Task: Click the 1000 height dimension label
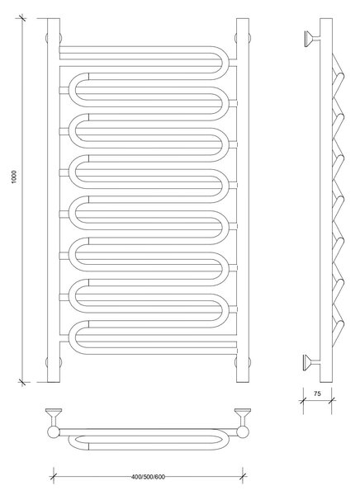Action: [x=14, y=177]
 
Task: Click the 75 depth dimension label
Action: [x=317, y=394]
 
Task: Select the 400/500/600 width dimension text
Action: [x=148, y=477]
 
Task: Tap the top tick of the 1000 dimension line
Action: [x=21, y=18]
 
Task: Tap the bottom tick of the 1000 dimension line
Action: [x=21, y=382]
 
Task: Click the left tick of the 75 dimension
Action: [x=303, y=401]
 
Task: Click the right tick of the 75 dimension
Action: [x=332, y=401]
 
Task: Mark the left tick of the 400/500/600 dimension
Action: [x=54, y=477]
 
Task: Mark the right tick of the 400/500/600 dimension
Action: [x=243, y=477]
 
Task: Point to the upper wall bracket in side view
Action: [x=312, y=39]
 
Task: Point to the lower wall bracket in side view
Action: [x=312, y=362]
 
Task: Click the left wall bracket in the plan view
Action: [x=54, y=417]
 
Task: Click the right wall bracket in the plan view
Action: [x=243, y=417]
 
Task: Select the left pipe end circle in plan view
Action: [x=54, y=432]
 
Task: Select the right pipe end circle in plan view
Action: [x=243, y=432]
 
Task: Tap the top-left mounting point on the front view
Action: [x=54, y=38]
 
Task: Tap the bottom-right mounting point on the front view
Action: [x=243, y=362]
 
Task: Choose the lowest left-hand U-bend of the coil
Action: [x=72, y=337]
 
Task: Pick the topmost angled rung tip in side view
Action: [x=340, y=77]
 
